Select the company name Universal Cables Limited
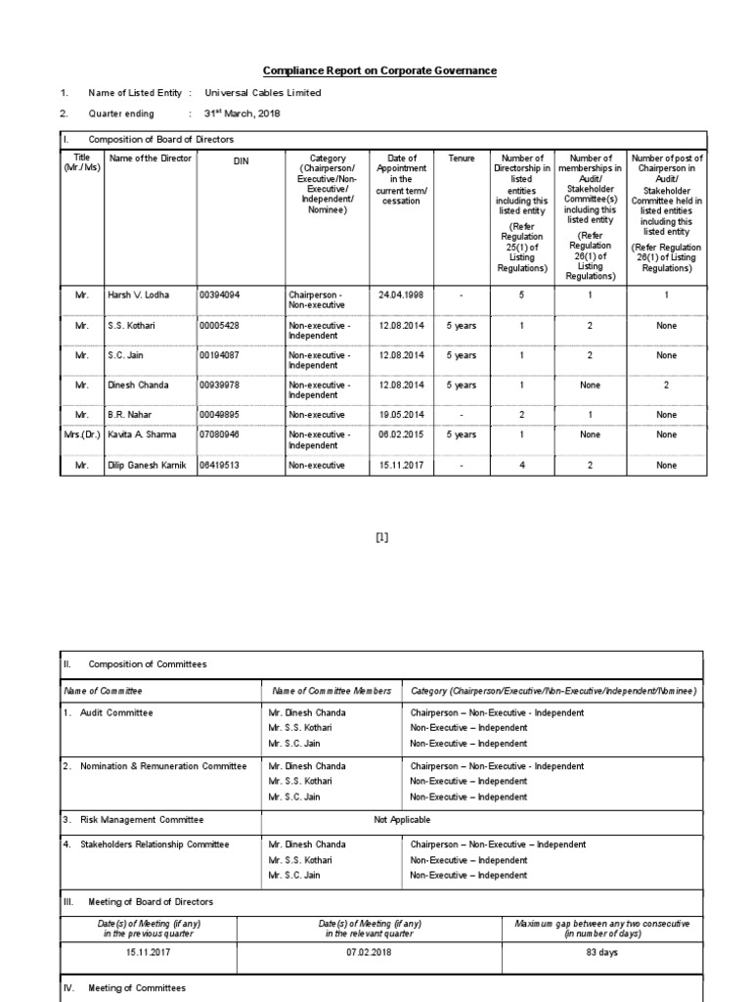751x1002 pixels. pyautogui.click(x=262, y=93)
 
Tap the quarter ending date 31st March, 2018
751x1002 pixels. pyautogui.click(x=242, y=113)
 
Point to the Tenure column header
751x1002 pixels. pyautogui.click(x=461, y=158)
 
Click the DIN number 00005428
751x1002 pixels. pyautogui.click(x=220, y=326)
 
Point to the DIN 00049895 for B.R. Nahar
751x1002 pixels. pyautogui.click(x=220, y=415)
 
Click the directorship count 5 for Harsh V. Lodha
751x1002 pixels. pyautogui.click(x=521, y=294)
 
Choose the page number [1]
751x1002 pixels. pyautogui.click(x=382, y=536)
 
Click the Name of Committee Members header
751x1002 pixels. pyautogui.click(x=331, y=691)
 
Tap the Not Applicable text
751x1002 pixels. pyautogui.click(x=402, y=819)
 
